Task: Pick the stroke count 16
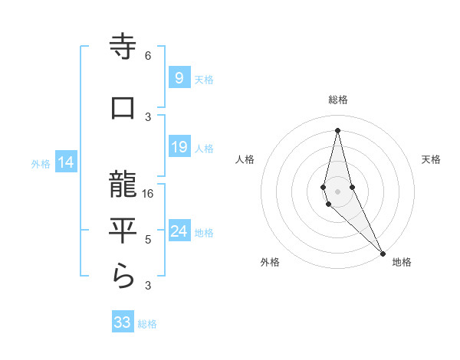pos(149,194)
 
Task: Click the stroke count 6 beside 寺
pos(148,56)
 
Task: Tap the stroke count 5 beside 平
pos(148,240)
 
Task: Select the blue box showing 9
pos(179,77)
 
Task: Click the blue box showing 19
pos(179,147)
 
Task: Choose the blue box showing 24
pos(179,231)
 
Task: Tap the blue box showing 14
pos(66,162)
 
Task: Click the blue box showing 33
pos(123,322)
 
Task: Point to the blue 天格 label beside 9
pos(204,79)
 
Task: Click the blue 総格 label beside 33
pos(147,324)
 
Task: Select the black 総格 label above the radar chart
pos(337,100)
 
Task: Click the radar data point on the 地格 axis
pos(382,253)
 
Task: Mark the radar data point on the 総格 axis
pos(337,130)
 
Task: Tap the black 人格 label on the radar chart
pos(245,159)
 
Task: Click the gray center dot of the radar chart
pos(337,191)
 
